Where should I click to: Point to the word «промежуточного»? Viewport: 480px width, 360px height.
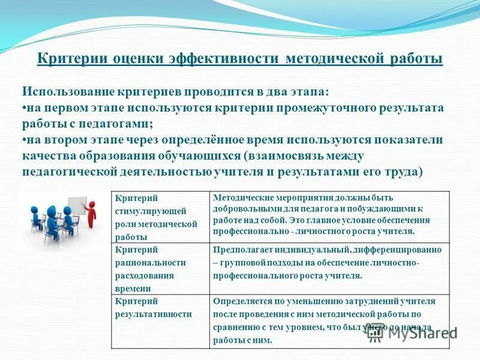tap(331, 108)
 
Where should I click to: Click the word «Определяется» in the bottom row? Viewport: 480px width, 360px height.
tap(240, 301)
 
